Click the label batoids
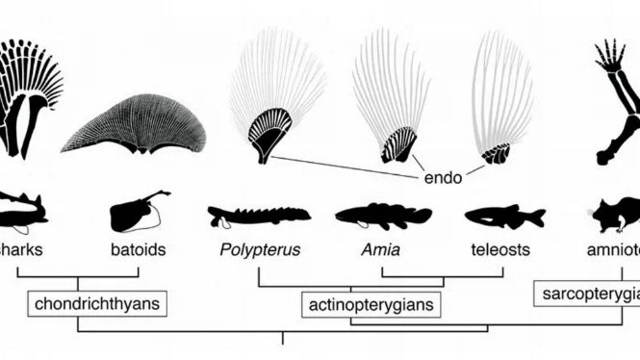point(138,250)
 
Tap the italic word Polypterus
point(259,250)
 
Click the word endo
point(441,178)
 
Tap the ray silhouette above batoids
point(137,213)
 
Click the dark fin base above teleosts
point(497,153)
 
